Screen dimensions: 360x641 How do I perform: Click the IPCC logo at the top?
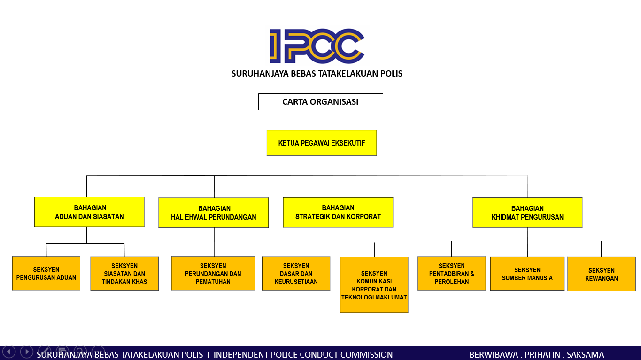tap(317, 46)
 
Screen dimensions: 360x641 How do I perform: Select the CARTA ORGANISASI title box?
tap(320, 102)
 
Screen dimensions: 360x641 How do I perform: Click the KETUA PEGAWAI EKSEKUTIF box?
tap(321, 143)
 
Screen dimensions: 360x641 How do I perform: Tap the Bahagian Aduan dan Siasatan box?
tap(89, 212)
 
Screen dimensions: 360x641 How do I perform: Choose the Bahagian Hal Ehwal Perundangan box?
tap(214, 213)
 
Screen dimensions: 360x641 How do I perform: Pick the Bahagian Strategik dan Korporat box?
tap(338, 212)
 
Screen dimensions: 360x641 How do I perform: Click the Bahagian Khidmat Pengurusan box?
tap(527, 213)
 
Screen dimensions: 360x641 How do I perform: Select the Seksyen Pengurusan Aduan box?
tap(46, 273)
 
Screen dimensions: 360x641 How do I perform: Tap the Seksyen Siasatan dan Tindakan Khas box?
tap(124, 274)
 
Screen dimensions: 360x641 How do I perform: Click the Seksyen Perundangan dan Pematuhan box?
tap(213, 274)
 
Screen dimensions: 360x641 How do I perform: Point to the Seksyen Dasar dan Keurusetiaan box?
tap(296, 274)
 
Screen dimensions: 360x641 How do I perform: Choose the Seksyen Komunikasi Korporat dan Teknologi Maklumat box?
tap(374, 285)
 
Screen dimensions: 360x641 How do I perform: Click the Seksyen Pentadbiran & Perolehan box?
tap(451, 274)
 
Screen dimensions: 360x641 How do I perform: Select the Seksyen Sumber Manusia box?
tap(527, 274)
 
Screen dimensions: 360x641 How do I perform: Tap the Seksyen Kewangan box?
tap(601, 274)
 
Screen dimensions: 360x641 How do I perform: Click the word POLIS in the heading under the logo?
tap(392, 74)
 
